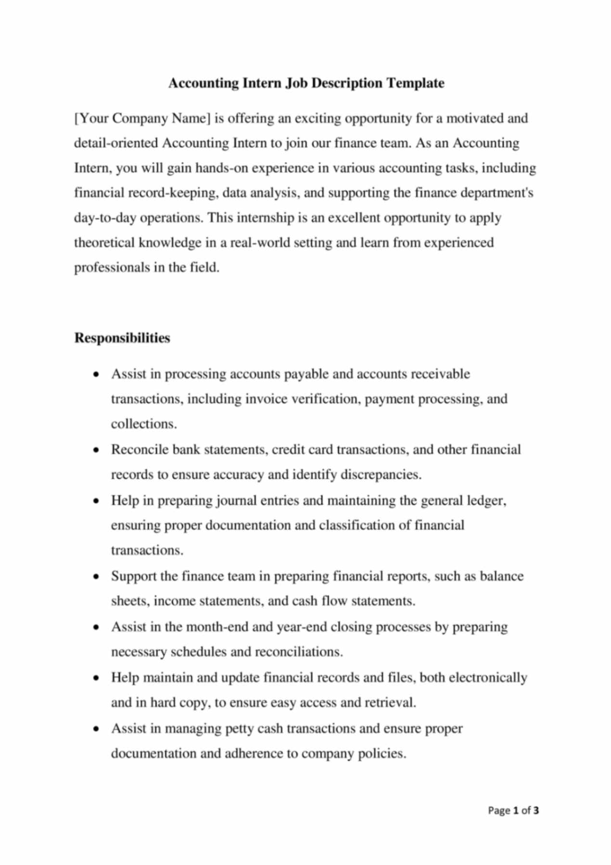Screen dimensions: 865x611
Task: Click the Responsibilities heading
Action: coord(122,338)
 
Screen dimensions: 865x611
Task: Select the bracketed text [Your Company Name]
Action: coord(142,118)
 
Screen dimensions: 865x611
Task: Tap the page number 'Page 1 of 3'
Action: coord(513,811)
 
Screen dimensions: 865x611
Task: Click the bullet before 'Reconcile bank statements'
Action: coord(97,450)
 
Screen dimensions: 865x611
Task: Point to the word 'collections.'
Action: coord(144,424)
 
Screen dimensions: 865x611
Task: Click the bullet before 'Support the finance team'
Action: coord(97,577)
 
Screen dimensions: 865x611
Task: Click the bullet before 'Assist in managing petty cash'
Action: coord(97,729)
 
